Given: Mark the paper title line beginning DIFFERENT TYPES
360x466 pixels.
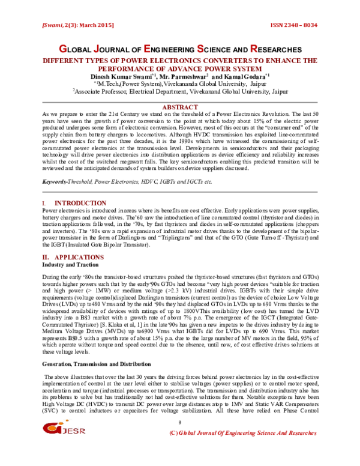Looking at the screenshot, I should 180,62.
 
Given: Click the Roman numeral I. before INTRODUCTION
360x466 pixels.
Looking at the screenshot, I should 45,204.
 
